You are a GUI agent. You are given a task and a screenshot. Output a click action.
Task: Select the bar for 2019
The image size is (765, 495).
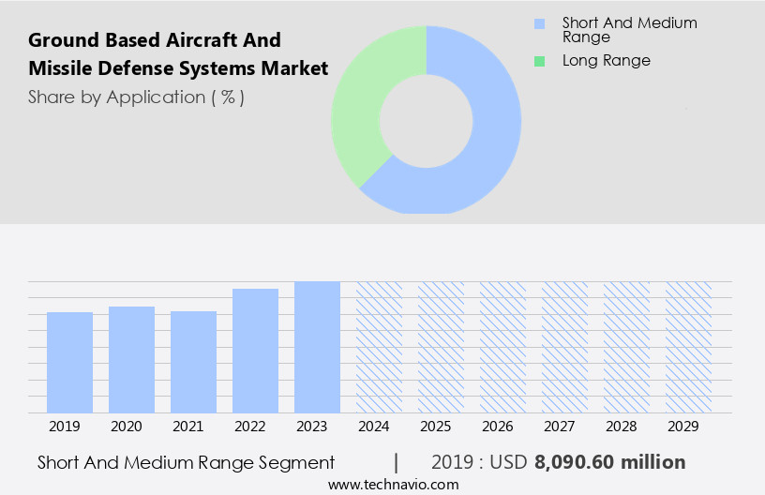pyautogui.click(x=69, y=362)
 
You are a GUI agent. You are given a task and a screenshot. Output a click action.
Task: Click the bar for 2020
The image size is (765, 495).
pyautogui.click(x=131, y=359)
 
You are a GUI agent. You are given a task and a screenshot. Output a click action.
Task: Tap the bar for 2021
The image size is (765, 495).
pyautogui.click(x=193, y=362)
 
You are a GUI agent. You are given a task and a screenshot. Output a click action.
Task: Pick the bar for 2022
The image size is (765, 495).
pyautogui.click(x=255, y=351)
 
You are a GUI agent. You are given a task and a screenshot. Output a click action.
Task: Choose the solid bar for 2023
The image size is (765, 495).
pyautogui.click(x=317, y=347)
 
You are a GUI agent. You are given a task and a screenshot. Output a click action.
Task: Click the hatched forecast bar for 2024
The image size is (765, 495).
pyautogui.click(x=379, y=347)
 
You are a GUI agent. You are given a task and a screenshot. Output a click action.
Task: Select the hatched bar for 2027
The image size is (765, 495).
pyautogui.click(x=564, y=347)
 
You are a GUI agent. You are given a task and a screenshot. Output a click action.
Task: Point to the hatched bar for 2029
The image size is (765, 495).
pyautogui.click(x=688, y=347)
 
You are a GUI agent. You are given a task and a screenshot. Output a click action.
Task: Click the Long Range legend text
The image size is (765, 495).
pyautogui.click(x=606, y=61)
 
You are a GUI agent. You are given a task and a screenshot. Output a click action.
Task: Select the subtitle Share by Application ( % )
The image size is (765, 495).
pyautogui.click(x=136, y=97)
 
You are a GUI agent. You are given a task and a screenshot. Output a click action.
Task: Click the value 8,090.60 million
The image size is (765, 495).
pyautogui.click(x=609, y=462)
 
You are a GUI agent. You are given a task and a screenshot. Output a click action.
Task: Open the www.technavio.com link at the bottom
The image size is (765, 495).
pyautogui.click(x=393, y=484)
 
